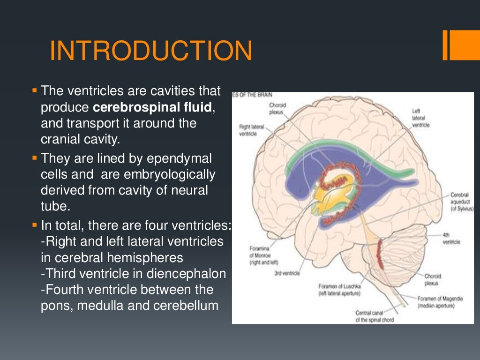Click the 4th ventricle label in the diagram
(451, 239)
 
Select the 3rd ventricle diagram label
(287, 273)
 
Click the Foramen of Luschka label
(339, 289)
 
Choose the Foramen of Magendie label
(437, 302)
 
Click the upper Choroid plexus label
(277, 109)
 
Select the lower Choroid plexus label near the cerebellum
(433, 279)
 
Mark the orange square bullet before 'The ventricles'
(35, 89)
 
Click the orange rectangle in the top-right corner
(461, 45)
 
